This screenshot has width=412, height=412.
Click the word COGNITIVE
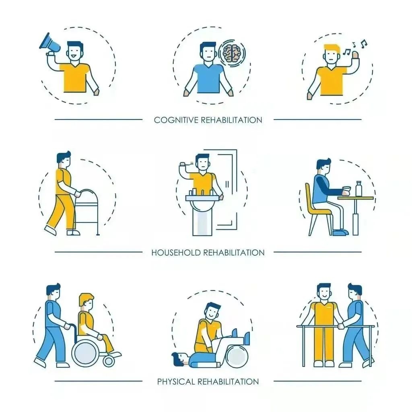[x=176, y=120]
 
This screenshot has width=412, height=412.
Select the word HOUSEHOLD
[x=176, y=253]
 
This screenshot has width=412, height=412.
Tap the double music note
[x=364, y=44]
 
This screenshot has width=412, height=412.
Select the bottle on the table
[x=358, y=189]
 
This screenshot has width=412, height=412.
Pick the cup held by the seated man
[x=347, y=191]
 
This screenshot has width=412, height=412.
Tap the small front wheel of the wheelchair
[x=109, y=362]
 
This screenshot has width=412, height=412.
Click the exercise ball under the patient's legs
[x=237, y=356]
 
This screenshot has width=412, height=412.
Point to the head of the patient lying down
[x=179, y=358]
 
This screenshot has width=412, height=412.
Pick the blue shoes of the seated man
[x=340, y=233]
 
